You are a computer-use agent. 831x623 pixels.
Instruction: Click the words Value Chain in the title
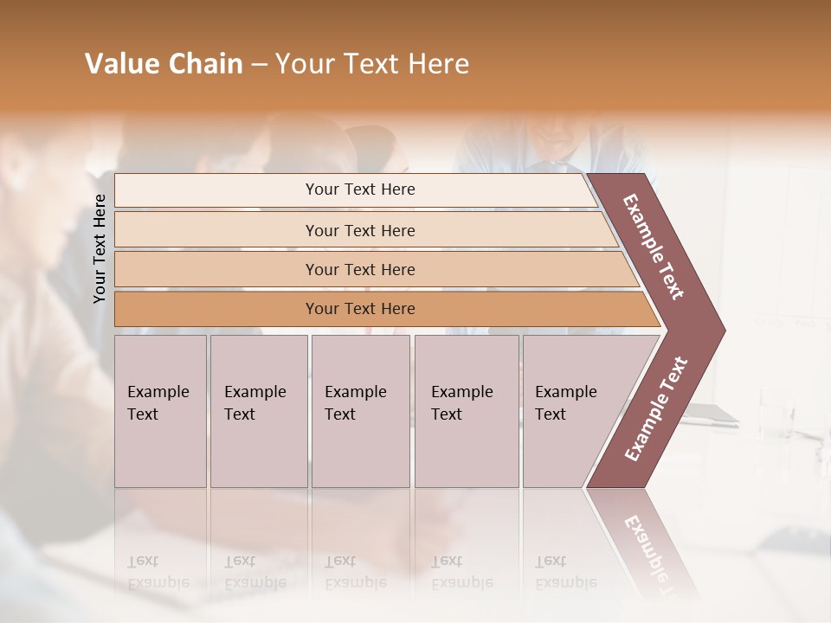[164, 64]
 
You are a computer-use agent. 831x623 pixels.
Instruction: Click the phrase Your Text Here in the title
[372, 64]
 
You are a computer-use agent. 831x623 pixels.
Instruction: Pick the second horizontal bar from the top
[359, 230]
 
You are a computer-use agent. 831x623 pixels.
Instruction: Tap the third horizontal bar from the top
[359, 269]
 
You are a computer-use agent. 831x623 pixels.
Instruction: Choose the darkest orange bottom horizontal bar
[359, 309]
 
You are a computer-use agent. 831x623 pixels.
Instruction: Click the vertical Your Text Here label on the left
[100, 248]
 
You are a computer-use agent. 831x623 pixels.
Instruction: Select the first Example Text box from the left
[160, 411]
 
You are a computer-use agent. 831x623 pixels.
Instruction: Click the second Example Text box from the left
[258, 411]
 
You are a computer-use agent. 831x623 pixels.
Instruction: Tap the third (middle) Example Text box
[360, 411]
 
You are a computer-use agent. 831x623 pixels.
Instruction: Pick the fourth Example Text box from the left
[466, 411]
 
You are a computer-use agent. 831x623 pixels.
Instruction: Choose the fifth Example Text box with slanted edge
[571, 411]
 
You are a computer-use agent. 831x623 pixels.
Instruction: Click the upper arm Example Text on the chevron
[654, 247]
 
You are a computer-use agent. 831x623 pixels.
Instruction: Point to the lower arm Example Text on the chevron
[656, 408]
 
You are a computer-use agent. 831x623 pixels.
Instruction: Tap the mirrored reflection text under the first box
[158, 572]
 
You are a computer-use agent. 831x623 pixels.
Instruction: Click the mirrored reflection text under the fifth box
[565, 572]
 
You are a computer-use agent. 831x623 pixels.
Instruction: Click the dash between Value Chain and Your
[259, 65]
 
